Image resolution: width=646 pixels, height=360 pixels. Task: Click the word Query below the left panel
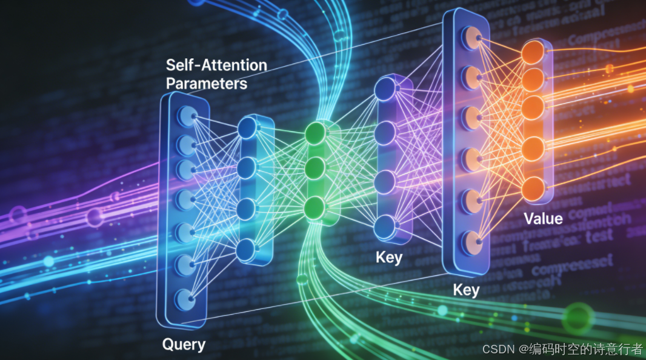click(184, 345)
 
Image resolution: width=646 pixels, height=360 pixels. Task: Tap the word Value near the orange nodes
click(543, 218)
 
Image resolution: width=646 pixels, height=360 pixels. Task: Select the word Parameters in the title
click(207, 83)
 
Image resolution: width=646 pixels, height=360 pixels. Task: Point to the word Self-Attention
click(216, 64)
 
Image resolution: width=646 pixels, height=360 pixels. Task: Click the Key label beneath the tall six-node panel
click(466, 290)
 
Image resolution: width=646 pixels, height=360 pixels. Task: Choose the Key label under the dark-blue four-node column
click(388, 257)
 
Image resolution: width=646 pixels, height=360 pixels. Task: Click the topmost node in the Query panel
click(186, 115)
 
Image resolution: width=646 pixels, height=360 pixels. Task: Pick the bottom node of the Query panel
click(186, 298)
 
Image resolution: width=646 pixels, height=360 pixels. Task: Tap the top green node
click(315, 132)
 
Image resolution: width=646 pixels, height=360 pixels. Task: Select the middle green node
click(315, 167)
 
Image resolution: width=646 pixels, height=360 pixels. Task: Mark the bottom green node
click(315, 206)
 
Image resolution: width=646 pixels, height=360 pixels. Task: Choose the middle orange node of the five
click(533, 107)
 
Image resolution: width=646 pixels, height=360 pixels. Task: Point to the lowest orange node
click(533, 187)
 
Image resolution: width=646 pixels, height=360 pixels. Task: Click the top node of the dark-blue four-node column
click(385, 90)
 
